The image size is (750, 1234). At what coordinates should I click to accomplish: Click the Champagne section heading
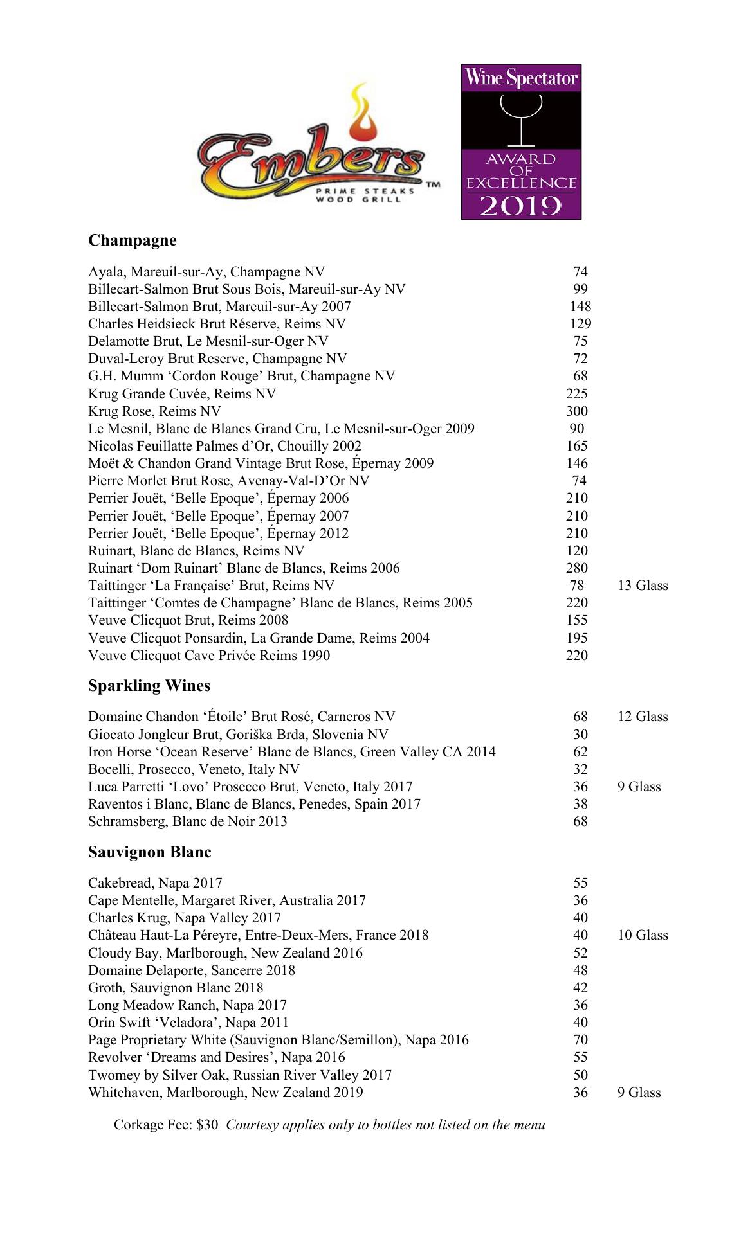point(132,240)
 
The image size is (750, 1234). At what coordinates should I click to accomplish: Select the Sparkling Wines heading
point(149,686)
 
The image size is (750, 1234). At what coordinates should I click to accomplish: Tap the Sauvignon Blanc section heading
point(149,852)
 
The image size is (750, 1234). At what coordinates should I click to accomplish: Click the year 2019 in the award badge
point(521,206)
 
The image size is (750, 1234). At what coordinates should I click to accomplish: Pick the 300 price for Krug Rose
point(577,411)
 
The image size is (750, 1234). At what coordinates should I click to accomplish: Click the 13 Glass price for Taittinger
point(643,586)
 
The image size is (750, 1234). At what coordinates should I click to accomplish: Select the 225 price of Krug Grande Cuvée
point(577,394)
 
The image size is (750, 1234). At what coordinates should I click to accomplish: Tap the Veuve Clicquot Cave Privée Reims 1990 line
point(209,656)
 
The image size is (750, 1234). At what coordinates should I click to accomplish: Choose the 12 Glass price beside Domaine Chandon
point(643,717)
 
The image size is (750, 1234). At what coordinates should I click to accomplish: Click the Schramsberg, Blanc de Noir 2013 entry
point(187,821)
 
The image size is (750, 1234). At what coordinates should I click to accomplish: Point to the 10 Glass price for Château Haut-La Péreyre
point(643,935)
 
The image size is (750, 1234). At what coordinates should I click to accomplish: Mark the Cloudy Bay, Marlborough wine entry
point(225,953)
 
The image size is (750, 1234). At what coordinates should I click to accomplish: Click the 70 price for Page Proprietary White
point(580,1040)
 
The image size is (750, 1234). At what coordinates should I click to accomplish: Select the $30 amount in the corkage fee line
point(207,1125)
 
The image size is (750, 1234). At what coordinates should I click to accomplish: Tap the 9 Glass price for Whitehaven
point(639,1093)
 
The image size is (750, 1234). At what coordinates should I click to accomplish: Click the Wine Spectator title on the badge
point(521,78)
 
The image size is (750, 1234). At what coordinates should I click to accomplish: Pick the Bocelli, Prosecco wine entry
point(194,769)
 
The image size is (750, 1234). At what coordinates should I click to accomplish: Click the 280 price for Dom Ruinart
point(577,568)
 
